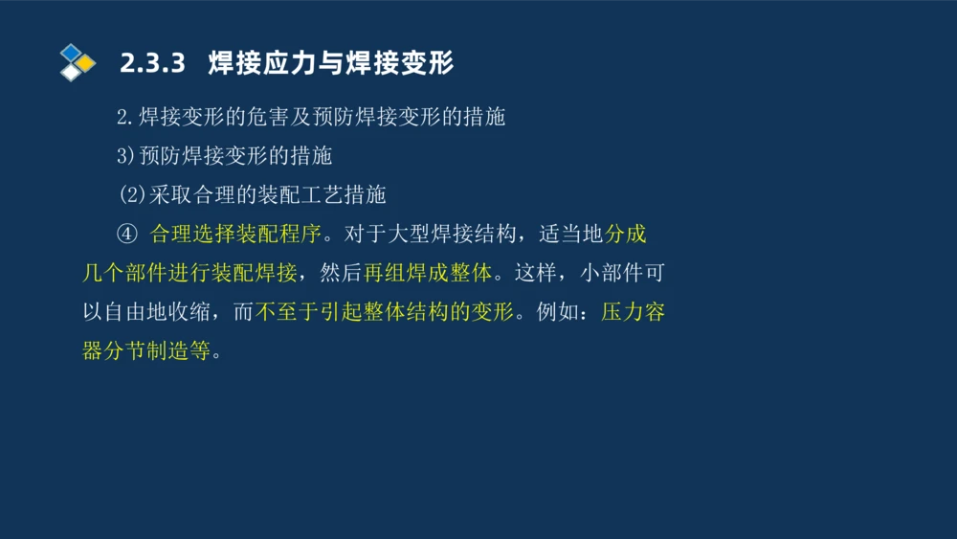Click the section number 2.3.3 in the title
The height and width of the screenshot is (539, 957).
coord(151,64)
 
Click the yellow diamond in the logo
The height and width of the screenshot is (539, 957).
coord(86,63)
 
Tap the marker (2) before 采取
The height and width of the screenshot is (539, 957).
coord(131,195)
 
